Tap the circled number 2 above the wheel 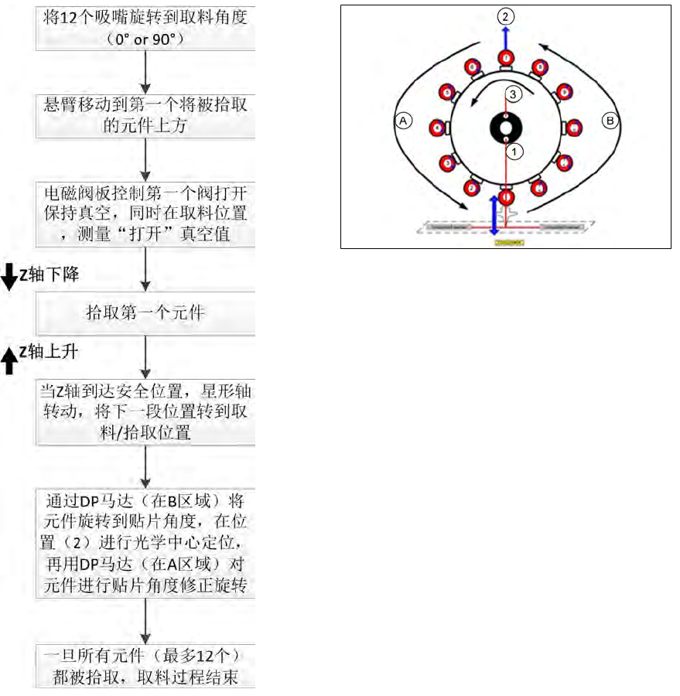505,15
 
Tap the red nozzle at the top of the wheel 505,57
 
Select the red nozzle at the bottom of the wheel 505,198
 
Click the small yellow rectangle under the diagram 509,242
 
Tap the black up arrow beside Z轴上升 9,360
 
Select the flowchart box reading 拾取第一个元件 146,314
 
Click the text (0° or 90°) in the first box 146,37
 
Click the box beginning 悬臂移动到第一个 146,114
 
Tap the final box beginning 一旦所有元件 146,667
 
